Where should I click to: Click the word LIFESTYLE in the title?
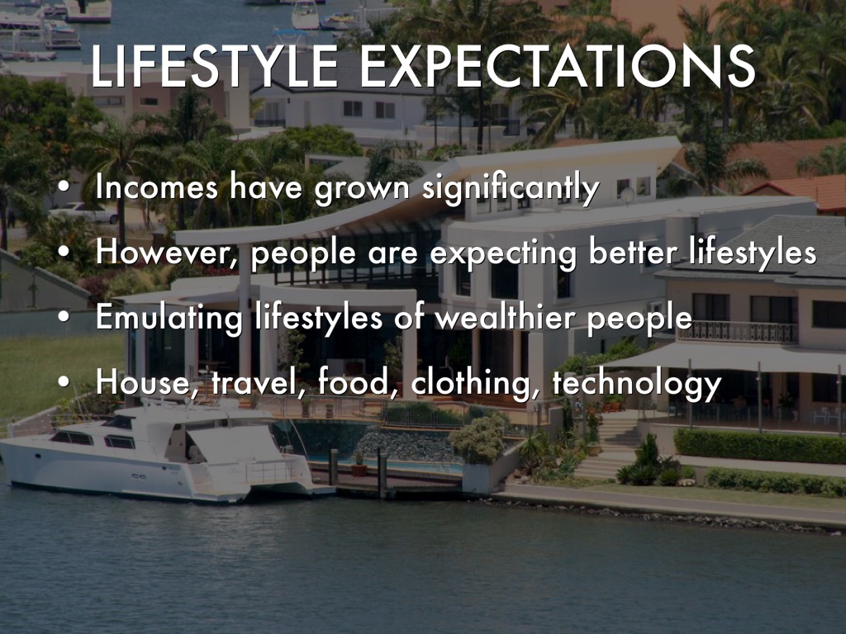(x=214, y=66)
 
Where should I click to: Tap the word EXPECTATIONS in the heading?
(x=557, y=66)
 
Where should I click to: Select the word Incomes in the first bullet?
(x=157, y=187)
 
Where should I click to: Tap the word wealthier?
(x=505, y=317)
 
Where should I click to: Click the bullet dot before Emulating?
(x=64, y=317)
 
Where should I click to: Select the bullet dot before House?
(x=64, y=381)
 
